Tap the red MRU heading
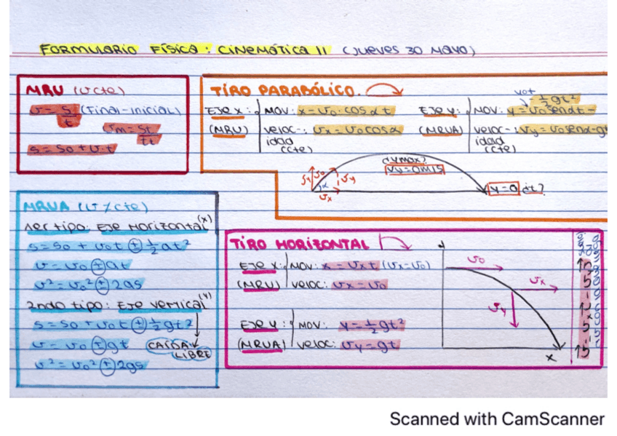click(x=46, y=91)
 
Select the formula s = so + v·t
click(x=71, y=148)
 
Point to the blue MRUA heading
click(x=46, y=207)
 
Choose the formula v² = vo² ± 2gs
click(x=85, y=362)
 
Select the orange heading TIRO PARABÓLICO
click(x=284, y=92)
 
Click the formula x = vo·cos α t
click(x=347, y=113)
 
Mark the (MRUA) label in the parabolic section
click(x=438, y=130)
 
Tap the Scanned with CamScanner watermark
click(x=497, y=419)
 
